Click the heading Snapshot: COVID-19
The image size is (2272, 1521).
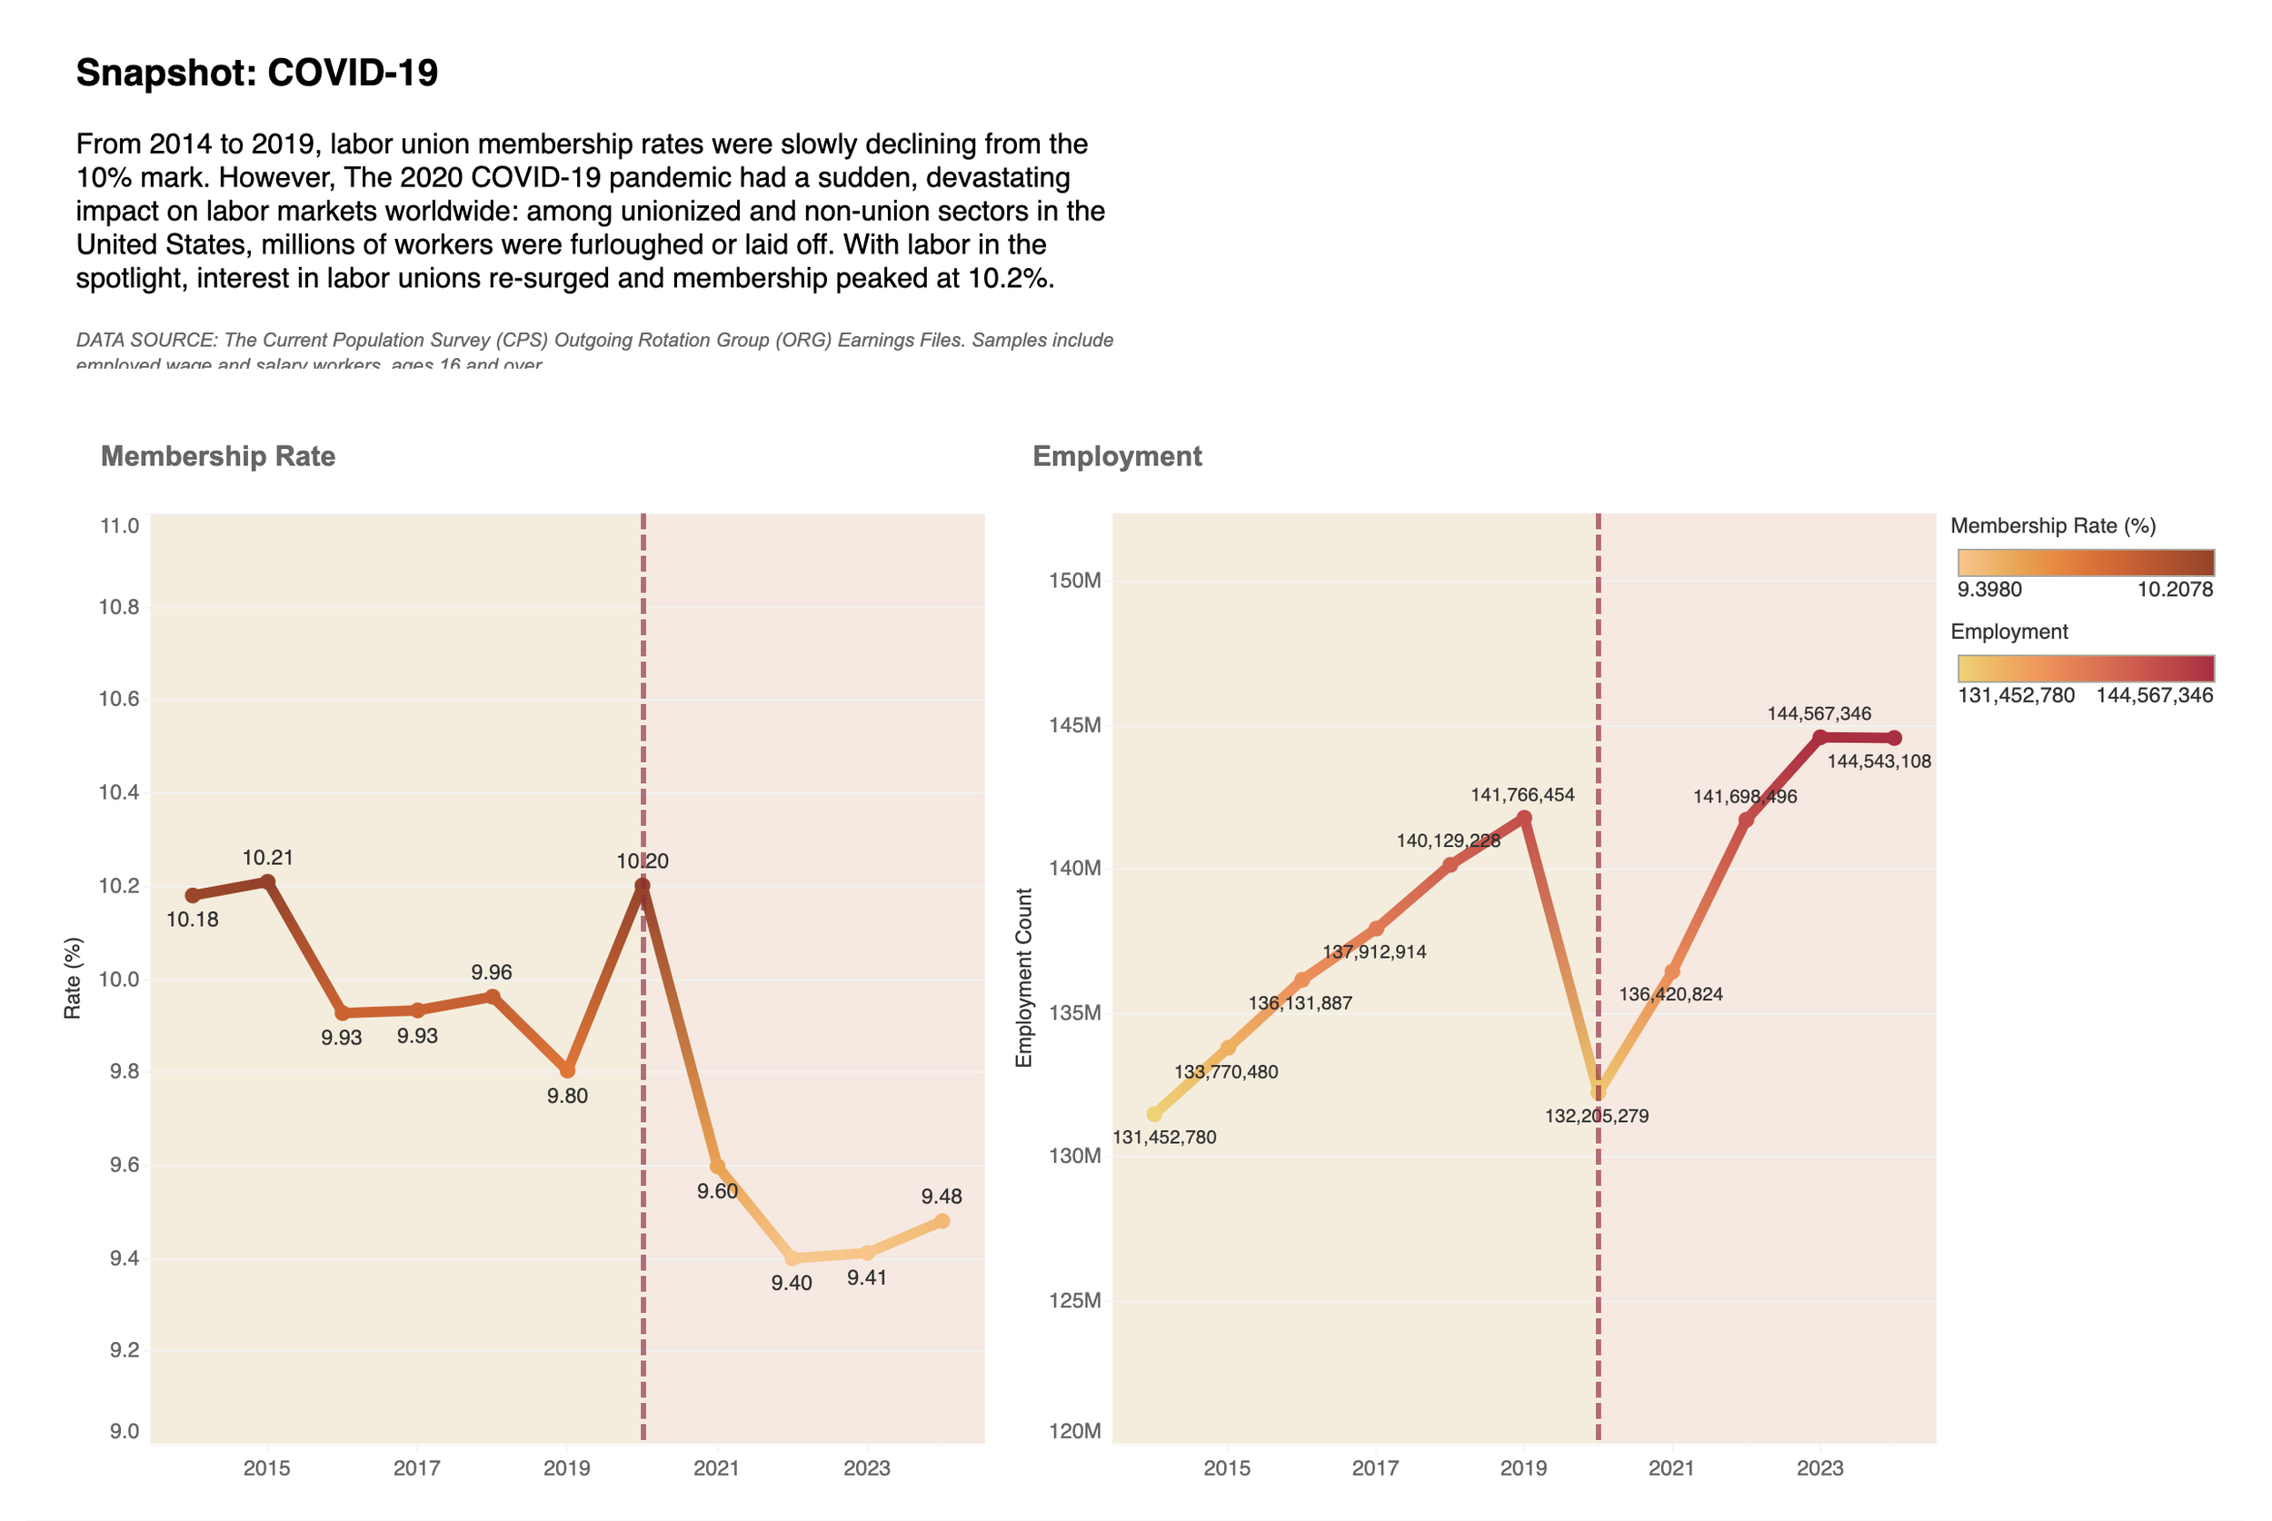pos(257,73)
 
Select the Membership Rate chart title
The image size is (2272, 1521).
pos(218,456)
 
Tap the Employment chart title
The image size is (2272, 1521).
pos(1117,456)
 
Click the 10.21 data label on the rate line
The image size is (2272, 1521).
pos(268,858)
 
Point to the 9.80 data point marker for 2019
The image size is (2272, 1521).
pos(567,1071)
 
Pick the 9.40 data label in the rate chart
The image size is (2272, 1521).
pos(792,1283)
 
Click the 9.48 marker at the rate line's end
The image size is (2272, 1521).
pos(941,1221)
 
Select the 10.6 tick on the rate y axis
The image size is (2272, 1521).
pos(119,700)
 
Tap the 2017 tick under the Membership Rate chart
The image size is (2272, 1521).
pos(417,1467)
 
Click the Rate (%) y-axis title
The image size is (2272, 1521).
pos(73,978)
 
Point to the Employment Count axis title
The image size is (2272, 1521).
pos(1023,978)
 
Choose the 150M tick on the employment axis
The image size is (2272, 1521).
pos(1075,581)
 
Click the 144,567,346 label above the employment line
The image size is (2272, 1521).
pos(1819,714)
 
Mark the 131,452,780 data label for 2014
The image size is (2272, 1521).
pos(1164,1137)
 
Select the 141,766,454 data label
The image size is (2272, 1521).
pos(1522,795)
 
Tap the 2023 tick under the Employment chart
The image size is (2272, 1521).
pos(1820,1467)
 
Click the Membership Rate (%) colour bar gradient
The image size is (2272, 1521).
pos(2086,562)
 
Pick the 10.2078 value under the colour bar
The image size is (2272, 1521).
pos(2175,590)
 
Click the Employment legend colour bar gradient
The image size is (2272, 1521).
pos(2086,669)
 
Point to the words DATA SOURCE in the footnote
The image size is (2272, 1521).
pos(145,341)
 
